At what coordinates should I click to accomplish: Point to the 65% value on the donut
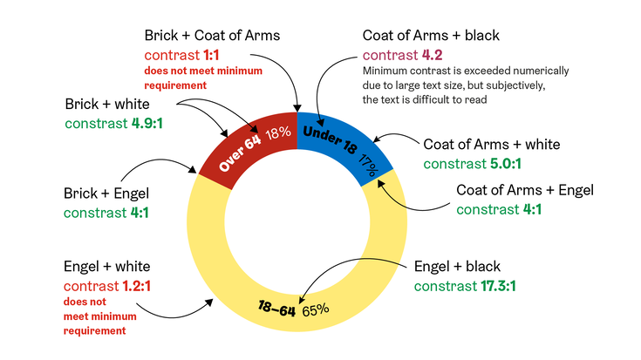pos(316,309)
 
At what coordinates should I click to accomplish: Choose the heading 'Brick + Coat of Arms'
pos(212,35)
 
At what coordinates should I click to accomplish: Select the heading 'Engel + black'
pos(457,267)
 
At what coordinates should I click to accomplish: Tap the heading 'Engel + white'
pos(106,266)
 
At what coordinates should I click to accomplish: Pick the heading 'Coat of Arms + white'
pos(491,145)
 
